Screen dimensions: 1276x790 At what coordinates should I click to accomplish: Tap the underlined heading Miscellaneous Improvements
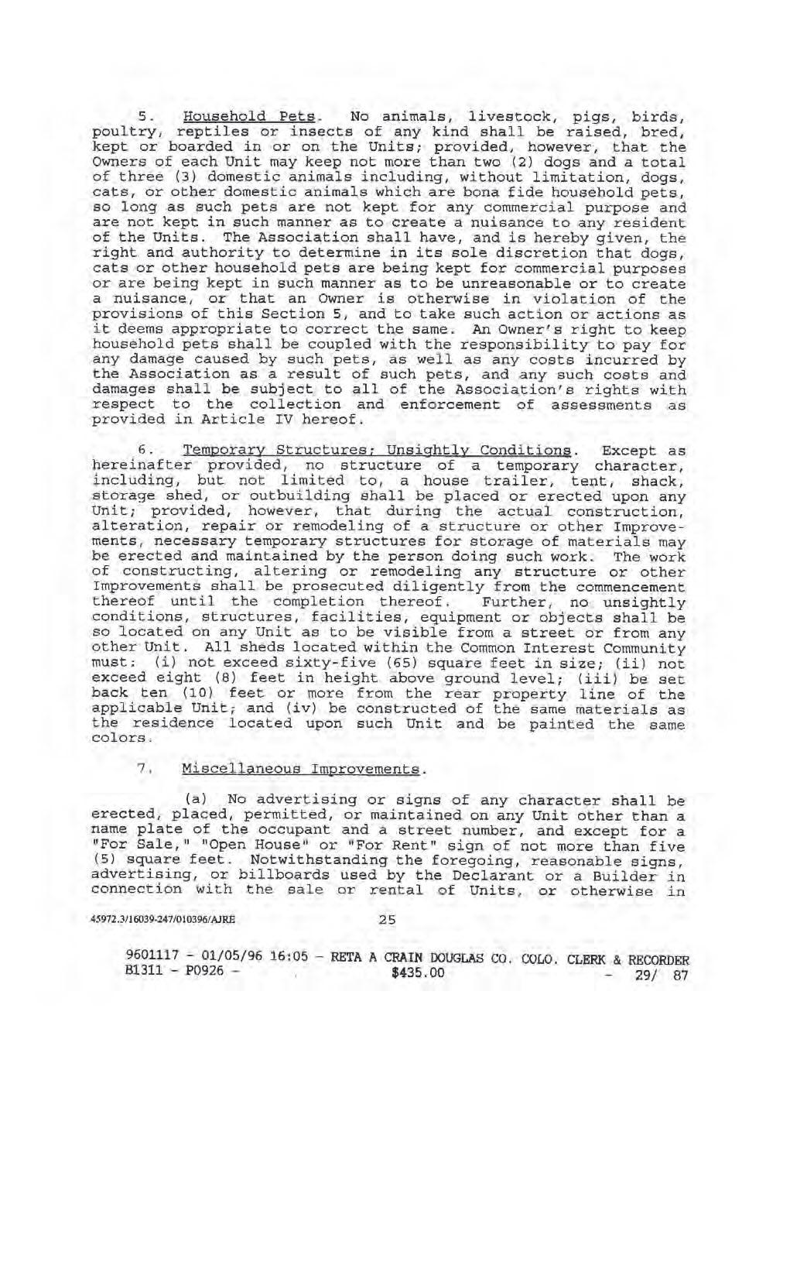(303, 770)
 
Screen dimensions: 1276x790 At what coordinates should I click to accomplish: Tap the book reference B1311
(137, 968)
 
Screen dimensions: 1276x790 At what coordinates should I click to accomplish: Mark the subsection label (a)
(194, 799)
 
